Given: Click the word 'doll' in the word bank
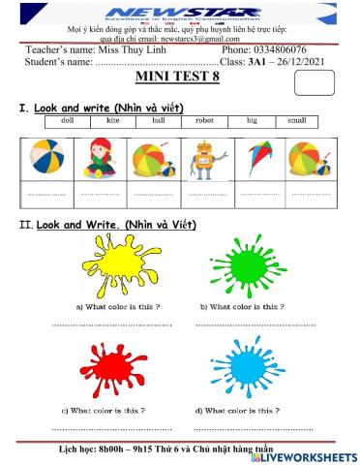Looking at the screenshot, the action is tap(67, 121).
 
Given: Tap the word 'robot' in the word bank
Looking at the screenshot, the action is tap(203, 121).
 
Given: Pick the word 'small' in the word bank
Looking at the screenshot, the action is tap(297, 121).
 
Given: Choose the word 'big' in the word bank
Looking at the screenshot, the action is tap(252, 121).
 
